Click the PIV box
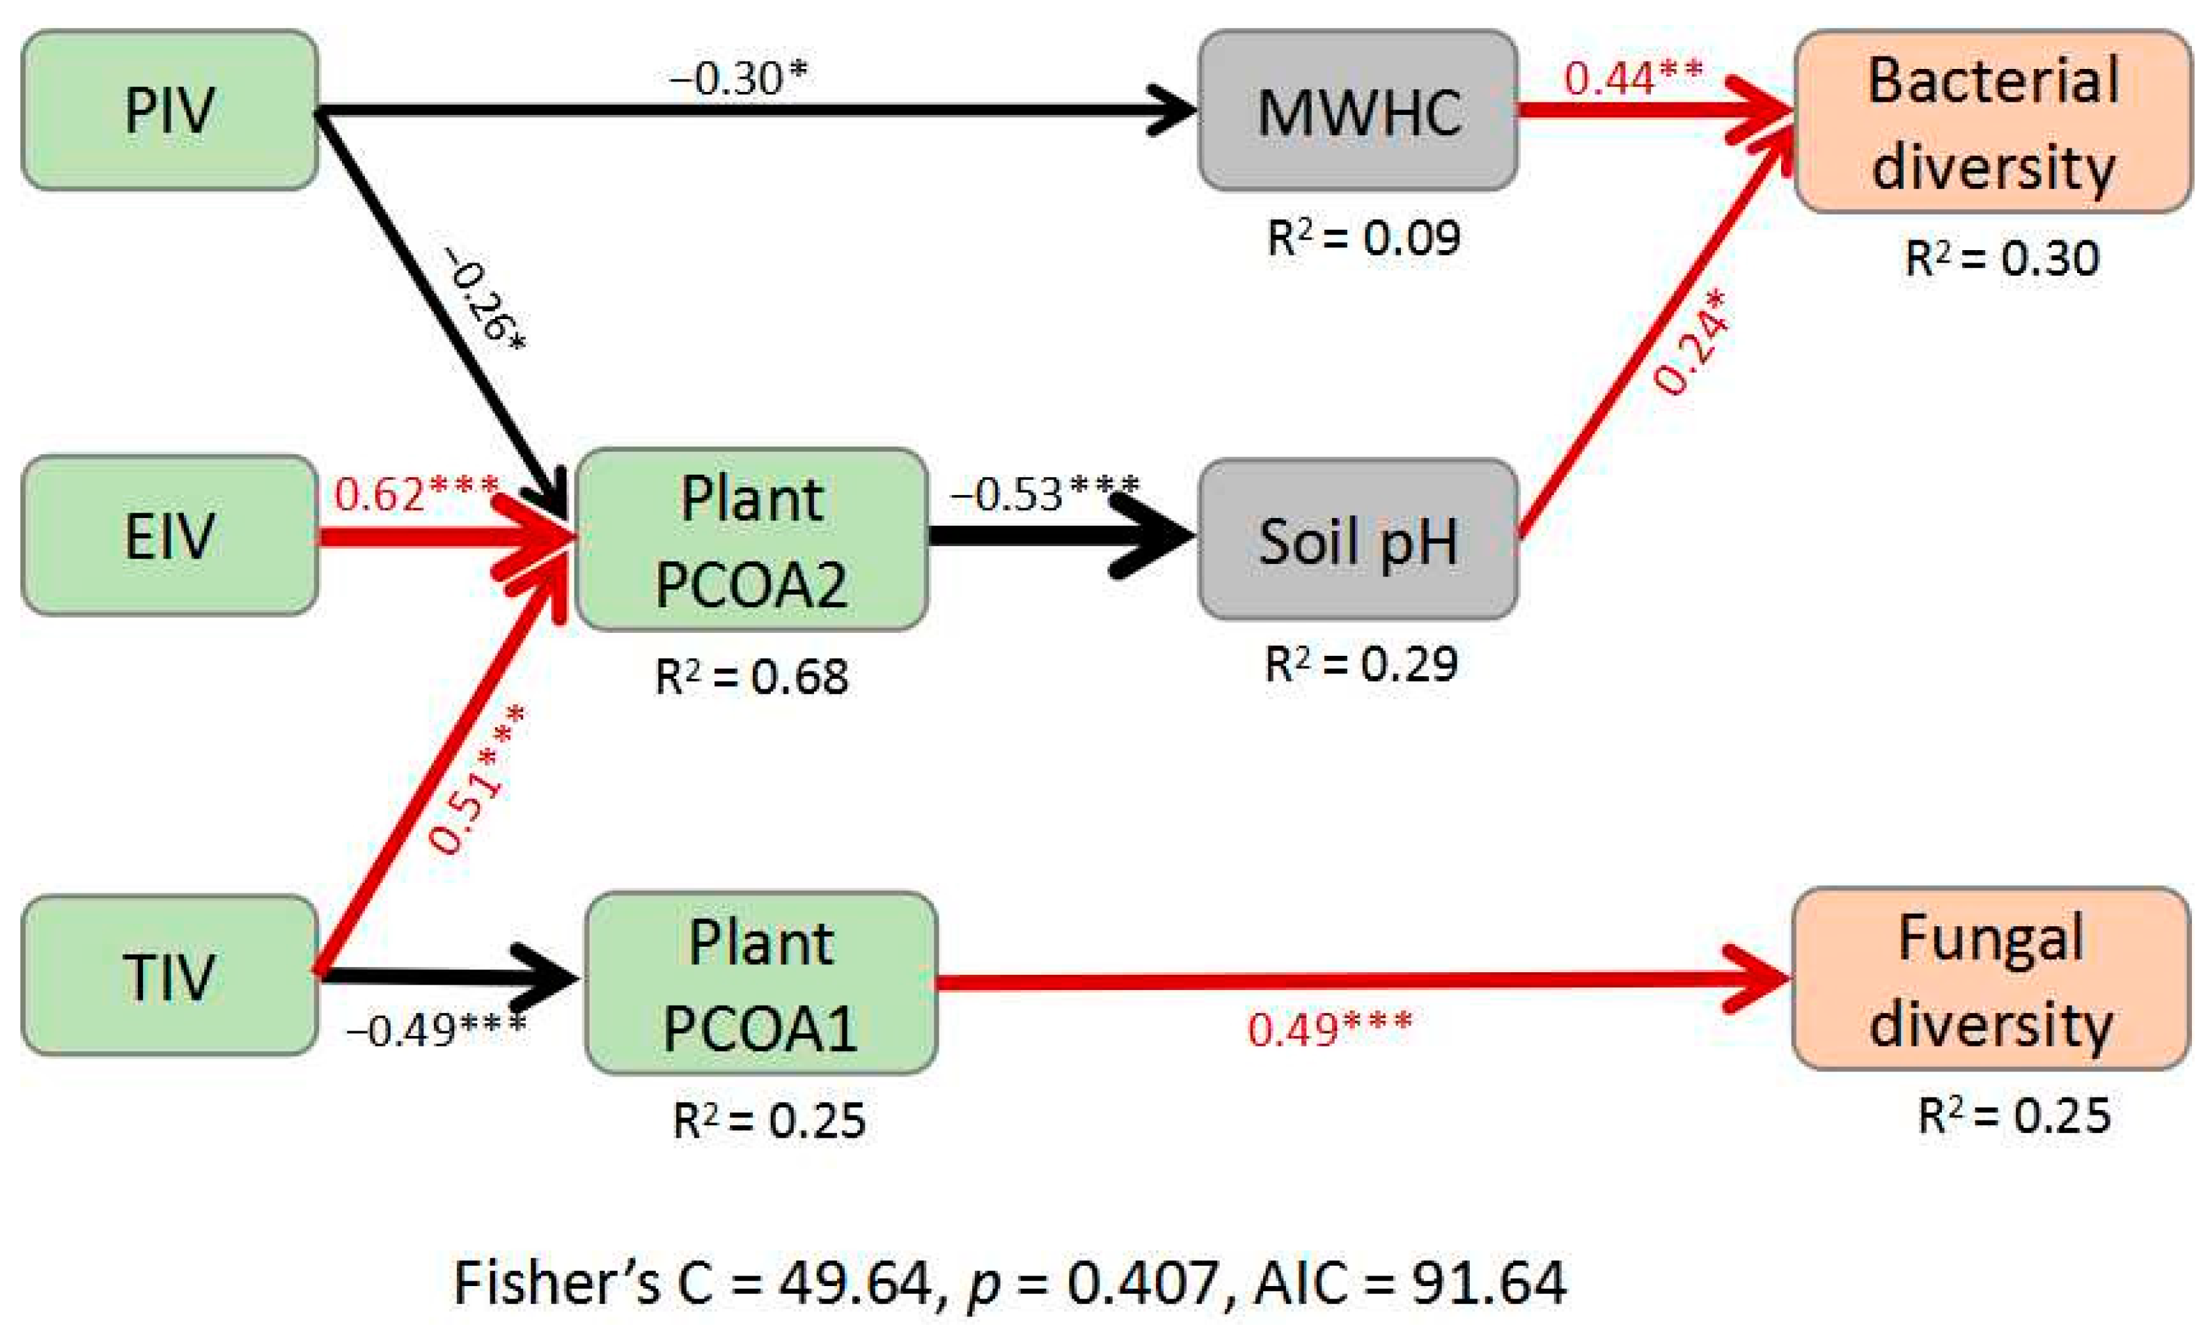click(x=169, y=110)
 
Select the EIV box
click(x=169, y=536)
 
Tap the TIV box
click(x=169, y=976)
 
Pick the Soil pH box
click(x=1358, y=540)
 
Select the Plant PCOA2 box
click(x=752, y=540)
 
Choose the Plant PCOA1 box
click(x=761, y=983)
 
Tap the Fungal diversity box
click(x=1990, y=979)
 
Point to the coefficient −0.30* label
click(x=738, y=79)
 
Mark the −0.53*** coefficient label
click(x=1044, y=494)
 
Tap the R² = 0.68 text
click(x=752, y=677)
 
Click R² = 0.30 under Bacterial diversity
click(x=2002, y=259)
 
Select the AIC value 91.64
click(x=1489, y=1281)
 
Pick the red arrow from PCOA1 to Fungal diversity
click(x=1346, y=981)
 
